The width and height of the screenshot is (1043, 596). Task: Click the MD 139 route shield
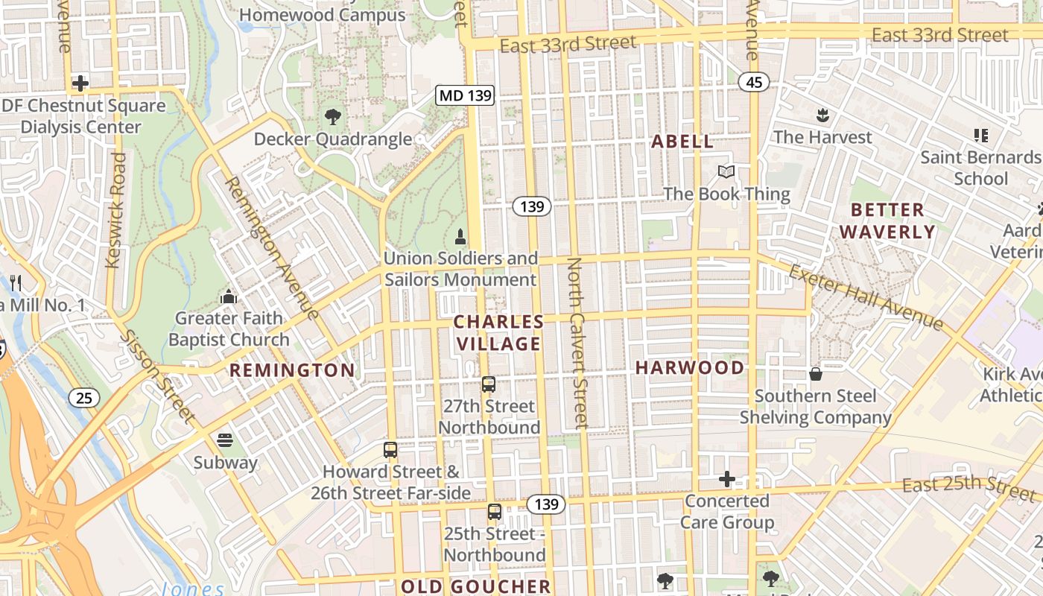(466, 95)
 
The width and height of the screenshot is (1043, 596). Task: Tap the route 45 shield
(754, 82)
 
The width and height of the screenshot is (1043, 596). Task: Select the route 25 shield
(84, 398)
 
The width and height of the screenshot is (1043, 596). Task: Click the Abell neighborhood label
(682, 142)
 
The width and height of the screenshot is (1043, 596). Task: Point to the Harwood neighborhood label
(690, 367)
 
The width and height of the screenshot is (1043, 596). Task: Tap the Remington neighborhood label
(292, 370)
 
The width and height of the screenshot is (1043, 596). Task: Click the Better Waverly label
(887, 221)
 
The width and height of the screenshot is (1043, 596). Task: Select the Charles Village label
(498, 332)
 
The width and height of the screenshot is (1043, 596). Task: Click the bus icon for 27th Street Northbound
(489, 384)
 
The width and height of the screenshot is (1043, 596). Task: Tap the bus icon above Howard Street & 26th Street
(390, 450)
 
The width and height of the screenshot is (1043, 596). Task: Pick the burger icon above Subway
(225, 440)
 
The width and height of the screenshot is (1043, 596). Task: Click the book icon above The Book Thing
(726, 172)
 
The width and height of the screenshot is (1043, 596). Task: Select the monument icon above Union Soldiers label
(460, 237)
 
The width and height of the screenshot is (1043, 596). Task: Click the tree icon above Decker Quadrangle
(333, 116)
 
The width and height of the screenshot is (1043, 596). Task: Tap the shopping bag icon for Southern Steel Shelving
(816, 373)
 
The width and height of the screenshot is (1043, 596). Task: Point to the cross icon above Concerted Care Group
(727, 479)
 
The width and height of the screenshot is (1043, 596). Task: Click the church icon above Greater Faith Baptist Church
(229, 297)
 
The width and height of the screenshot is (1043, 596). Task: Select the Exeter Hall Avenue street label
(866, 297)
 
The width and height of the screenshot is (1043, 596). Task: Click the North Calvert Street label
(577, 343)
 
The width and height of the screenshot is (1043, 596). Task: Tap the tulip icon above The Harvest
(822, 115)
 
